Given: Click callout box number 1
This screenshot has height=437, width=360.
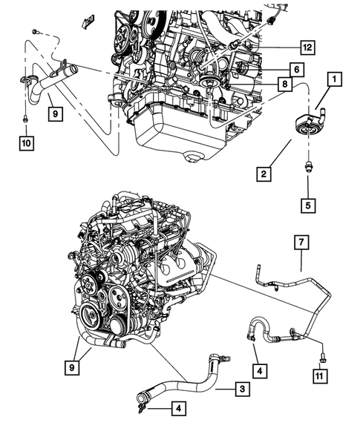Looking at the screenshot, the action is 334,79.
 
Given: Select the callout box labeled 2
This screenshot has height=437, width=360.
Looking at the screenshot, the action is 264,174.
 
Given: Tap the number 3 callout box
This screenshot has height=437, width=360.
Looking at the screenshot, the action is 242,389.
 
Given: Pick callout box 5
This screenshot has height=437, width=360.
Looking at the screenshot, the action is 308,206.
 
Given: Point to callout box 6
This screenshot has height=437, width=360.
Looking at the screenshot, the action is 296,70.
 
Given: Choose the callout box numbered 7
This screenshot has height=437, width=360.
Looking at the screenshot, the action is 301,243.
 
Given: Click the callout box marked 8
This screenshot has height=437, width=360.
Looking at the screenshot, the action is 285,84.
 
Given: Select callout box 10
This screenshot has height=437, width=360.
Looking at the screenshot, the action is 27,143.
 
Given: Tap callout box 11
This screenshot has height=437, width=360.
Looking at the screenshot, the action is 320,375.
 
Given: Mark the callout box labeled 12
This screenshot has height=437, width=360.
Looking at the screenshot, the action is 307,47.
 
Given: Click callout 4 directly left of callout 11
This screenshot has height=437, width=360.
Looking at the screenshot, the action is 260,371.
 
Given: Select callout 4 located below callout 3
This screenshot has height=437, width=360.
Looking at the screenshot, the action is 178,409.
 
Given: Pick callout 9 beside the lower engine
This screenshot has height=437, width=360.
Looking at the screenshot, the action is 72,367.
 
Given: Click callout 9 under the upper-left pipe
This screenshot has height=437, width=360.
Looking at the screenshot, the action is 55,114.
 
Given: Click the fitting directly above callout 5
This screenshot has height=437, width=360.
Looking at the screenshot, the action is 308,165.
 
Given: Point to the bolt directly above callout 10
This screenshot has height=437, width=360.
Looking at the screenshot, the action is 25,119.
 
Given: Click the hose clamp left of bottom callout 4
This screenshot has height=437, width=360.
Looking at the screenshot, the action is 141,408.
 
